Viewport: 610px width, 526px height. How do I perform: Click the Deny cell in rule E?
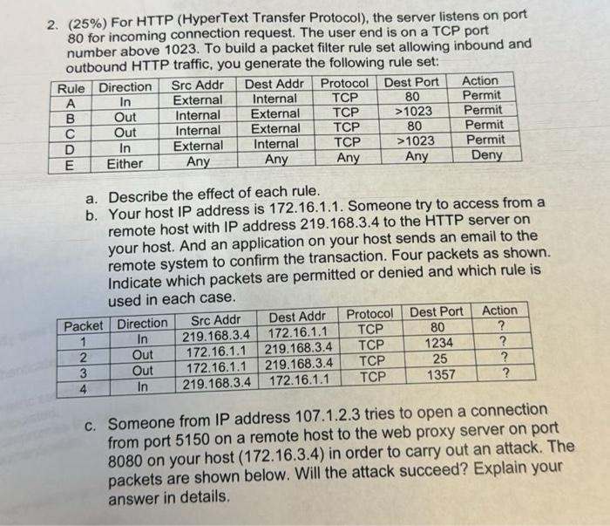[486, 156]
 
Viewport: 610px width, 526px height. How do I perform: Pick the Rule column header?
[71, 87]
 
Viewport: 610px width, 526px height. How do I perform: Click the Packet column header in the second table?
[84, 326]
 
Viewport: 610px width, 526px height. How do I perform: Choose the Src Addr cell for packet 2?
[219, 352]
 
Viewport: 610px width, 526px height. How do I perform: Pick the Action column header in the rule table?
[485, 81]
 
